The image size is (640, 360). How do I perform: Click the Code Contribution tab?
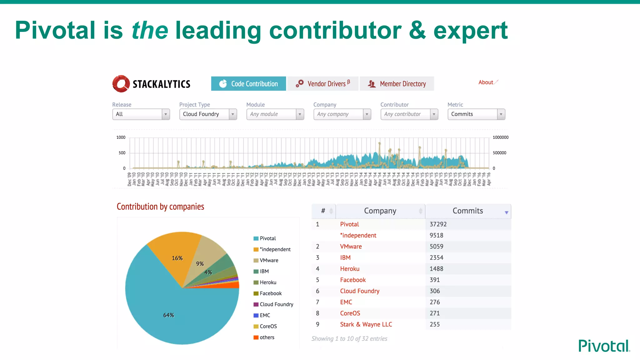[248, 84]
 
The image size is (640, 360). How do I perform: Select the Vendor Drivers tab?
[323, 84]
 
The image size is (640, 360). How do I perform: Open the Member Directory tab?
[397, 84]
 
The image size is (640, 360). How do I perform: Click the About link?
[486, 82]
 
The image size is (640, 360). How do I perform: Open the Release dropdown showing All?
[141, 114]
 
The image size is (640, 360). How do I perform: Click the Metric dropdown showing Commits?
[476, 114]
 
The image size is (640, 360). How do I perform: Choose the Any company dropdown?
[342, 114]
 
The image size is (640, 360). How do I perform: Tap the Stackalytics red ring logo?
[121, 84]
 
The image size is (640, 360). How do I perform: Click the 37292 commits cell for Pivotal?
[438, 224]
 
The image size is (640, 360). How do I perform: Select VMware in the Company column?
[351, 247]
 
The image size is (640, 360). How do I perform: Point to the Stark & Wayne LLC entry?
[366, 324]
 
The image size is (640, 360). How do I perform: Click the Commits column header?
[468, 211]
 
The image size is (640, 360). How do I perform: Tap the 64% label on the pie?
[168, 315]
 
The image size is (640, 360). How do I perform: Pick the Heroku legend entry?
[268, 282]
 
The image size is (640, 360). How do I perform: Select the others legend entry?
[267, 337]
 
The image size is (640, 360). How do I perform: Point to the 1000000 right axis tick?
[500, 137]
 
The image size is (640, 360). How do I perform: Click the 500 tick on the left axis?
[122, 153]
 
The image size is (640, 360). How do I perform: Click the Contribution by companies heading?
[160, 207]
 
